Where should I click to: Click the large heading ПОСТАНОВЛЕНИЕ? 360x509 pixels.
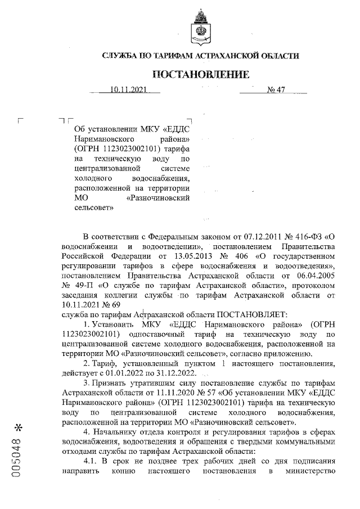(x=200, y=75)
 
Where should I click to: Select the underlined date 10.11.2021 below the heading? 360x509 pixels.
(x=128, y=90)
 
